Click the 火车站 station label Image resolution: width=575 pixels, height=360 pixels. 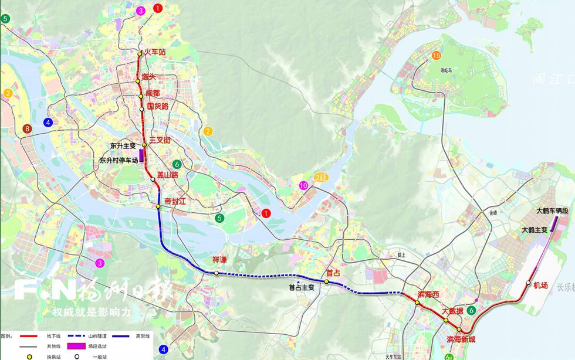pos(155,52)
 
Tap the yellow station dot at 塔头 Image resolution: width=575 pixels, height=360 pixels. pos(138,81)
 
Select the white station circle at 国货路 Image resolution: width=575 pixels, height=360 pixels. pos(141,108)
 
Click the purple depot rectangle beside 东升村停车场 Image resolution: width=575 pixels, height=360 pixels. pos(141,155)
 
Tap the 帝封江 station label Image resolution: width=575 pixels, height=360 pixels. pos(174,201)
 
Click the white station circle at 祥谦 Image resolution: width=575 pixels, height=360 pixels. pos(217,273)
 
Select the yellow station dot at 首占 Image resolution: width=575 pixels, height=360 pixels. pos(327,282)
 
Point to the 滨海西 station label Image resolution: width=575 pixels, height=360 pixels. pos(428,293)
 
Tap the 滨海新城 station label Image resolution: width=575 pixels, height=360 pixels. pos(462,339)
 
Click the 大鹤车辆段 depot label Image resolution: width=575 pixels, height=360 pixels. pos(552,210)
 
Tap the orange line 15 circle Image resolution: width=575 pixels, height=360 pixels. pos(436,56)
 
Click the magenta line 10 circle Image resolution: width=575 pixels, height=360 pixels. pos(303,185)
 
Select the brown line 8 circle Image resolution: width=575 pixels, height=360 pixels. pos(27,129)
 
